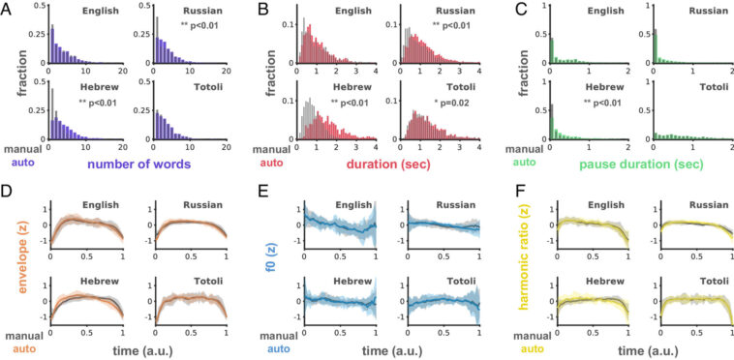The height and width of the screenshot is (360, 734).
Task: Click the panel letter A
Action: click(x=8, y=9)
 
